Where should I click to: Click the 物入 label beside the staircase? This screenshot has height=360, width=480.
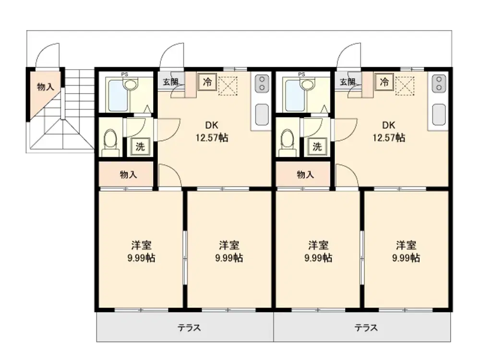[45, 86]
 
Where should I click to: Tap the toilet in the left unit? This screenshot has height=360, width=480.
[110, 143]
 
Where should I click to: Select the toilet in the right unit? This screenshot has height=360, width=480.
[288, 143]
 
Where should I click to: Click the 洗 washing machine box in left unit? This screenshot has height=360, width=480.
[140, 146]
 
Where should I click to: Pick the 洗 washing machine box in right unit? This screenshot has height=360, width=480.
[317, 146]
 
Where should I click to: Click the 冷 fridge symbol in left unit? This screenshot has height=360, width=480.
[207, 82]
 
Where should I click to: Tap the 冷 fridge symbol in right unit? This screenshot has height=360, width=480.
[384, 82]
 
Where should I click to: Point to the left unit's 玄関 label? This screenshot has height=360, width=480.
[170, 82]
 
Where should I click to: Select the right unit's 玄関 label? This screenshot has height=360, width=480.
[348, 82]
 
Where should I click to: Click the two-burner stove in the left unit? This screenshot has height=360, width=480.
[262, 83]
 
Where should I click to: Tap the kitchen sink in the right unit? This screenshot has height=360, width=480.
[439, 115]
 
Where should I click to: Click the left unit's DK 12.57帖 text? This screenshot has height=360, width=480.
[212, 132]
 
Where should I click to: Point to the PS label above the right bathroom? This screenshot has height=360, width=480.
[301, 74]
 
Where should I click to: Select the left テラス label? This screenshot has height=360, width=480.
[189, 328]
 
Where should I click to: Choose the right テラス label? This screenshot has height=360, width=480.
[366, 328]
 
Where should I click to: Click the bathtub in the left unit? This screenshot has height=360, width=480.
[118, 96]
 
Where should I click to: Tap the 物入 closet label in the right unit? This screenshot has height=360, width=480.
[305, 175]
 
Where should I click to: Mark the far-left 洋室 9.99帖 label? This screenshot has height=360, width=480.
[141, 252]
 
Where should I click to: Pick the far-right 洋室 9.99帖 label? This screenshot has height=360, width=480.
[406, 252]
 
